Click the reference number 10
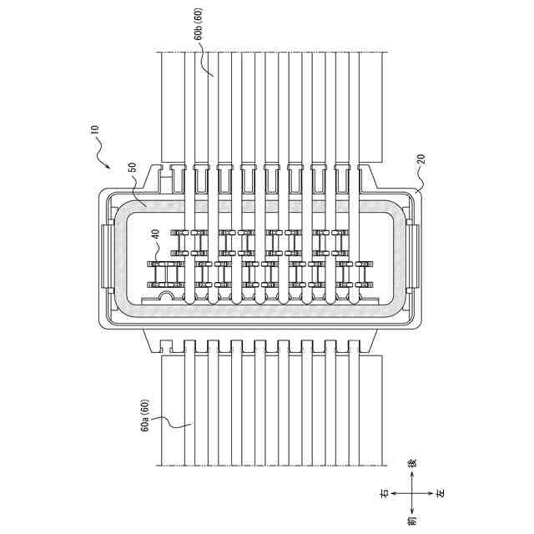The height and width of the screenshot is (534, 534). coord(94,130)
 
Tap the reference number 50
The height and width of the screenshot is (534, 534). coord(132,168)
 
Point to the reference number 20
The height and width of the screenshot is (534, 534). coord(421,159)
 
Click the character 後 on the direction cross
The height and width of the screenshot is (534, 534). coord(411,463)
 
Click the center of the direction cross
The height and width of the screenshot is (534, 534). coord(411,494)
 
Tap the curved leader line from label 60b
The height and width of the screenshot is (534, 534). coord(206,63)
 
